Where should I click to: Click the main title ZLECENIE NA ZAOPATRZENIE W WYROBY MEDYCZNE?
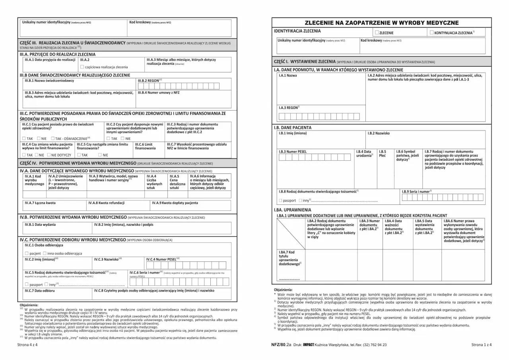[381, 23]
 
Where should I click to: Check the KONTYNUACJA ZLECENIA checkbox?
[432, 33]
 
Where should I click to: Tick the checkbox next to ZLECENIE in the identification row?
[377, 33]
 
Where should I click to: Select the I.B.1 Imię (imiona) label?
[293, 133]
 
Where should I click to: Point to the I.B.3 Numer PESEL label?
[293, 152]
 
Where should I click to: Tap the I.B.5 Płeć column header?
[383, 154]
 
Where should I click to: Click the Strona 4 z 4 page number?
[27, 344]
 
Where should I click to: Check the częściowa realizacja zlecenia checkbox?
[82, 67]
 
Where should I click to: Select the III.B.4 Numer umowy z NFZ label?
[159, 93]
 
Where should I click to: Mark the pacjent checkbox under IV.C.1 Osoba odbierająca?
[27, 253]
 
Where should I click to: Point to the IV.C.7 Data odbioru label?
[40, 291]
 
